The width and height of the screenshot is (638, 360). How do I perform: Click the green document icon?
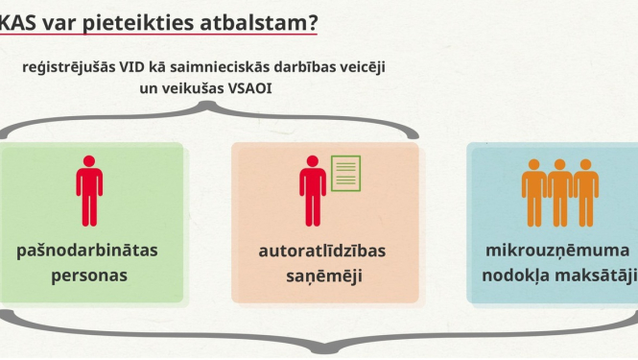345,172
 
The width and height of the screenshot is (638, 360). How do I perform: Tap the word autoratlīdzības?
322,251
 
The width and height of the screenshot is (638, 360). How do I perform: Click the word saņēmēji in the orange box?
322,276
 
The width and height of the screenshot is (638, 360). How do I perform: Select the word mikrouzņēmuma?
556,251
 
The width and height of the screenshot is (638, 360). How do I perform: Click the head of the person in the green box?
89,160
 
